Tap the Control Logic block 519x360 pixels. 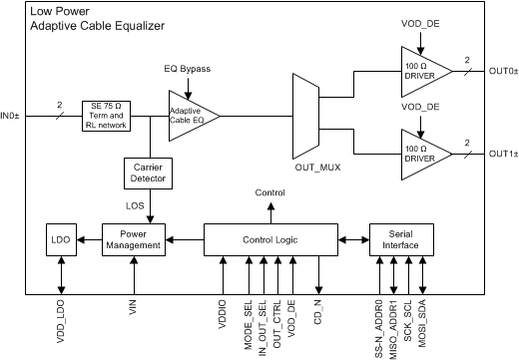point(271,239)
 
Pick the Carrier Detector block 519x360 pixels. point(150,174)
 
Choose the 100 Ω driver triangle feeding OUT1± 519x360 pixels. point(419,153)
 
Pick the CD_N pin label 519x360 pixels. point(318,310)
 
